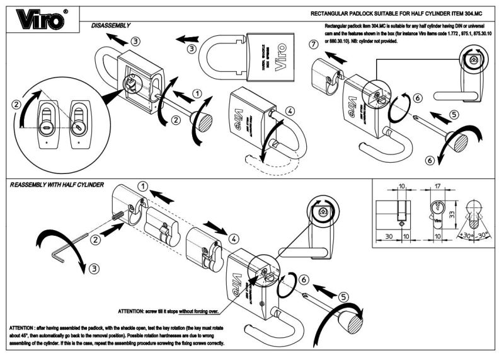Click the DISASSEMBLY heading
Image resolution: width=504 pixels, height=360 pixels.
[x=111, y=25]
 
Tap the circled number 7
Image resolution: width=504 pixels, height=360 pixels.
[x=313, y=44]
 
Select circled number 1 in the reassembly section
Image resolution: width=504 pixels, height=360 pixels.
[x=144, y=187]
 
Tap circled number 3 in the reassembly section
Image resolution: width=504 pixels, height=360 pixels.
[x=94, y=268]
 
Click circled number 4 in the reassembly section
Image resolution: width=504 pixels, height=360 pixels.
[x=234, y=239]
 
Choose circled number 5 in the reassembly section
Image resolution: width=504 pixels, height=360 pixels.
[x=343, y=296]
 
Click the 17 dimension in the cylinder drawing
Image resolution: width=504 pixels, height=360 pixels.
[x=437, y=187]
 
